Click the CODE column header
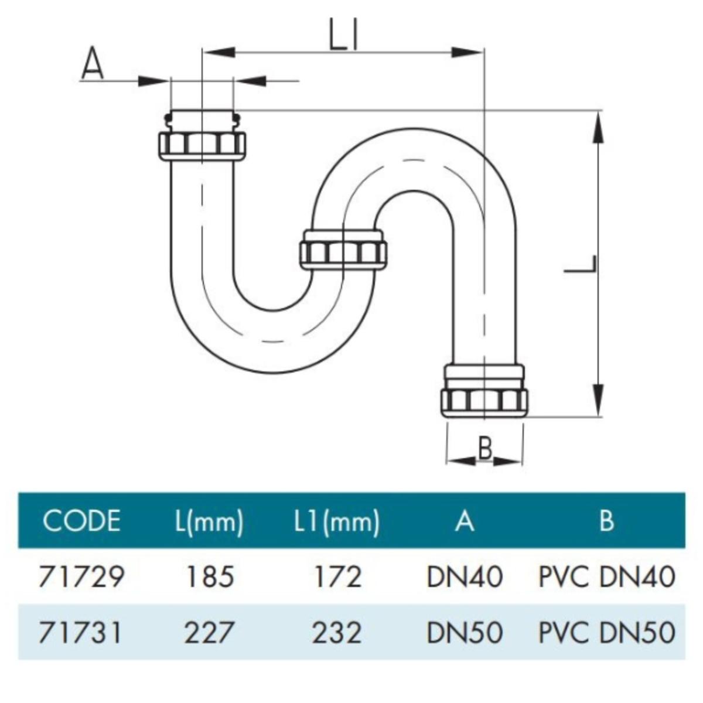(x=81, y=520)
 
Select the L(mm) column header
(x=209, y=520)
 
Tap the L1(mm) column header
(x=337, y=520)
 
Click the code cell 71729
(x=81, y=576)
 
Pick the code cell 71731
(x=81, y=633)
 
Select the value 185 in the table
(x=209, y=576)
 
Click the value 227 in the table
(x=209, y=633)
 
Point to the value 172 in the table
(x=337, y=576)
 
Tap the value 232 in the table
(x=337, y=633)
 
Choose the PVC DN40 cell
(x=607, y=576)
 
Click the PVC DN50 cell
(x=607, y=633)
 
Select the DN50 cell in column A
(x=465, y=633)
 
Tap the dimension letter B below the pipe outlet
(x=484, y=448)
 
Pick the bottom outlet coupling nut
(x=484, y=400)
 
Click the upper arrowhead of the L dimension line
(x=598, y=126)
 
